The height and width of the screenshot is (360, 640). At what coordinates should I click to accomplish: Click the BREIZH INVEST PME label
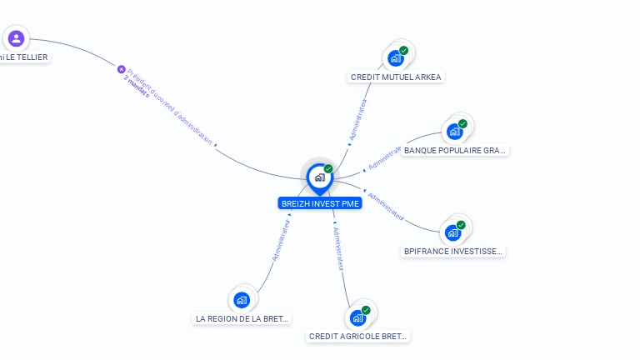[321, 203]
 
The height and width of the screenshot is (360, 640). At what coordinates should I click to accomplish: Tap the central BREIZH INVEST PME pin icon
[319, 177]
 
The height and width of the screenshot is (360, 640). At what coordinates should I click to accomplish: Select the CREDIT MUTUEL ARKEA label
[396, 77]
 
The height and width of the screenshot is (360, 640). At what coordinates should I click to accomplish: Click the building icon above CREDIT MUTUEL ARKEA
[396, 58]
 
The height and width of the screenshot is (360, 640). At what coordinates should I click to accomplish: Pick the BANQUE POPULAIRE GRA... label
[454, 151]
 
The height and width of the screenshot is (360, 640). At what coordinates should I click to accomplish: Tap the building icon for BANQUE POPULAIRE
[454, 132]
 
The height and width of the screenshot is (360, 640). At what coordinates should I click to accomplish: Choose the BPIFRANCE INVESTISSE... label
[453, 251]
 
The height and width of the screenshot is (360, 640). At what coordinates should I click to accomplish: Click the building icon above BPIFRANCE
[453, 232]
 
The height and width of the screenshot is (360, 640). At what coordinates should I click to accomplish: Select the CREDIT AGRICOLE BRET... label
[358, 337]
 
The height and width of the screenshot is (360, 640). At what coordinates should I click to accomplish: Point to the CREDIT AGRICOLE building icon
[357, 318]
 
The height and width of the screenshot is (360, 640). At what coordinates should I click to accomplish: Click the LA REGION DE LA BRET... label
[242, 318]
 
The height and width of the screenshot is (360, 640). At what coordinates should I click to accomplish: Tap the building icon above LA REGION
[242, 300]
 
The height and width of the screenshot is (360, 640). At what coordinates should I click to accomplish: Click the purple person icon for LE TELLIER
[16, 38]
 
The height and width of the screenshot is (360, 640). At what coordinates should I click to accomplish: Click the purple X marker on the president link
[121, 69]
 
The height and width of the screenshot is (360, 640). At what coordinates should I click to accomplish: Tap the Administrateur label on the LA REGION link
[281, 242]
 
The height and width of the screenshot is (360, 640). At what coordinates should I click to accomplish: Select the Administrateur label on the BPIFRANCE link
[386, 207]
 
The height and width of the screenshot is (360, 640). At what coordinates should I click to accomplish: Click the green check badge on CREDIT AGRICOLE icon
[366, 310]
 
